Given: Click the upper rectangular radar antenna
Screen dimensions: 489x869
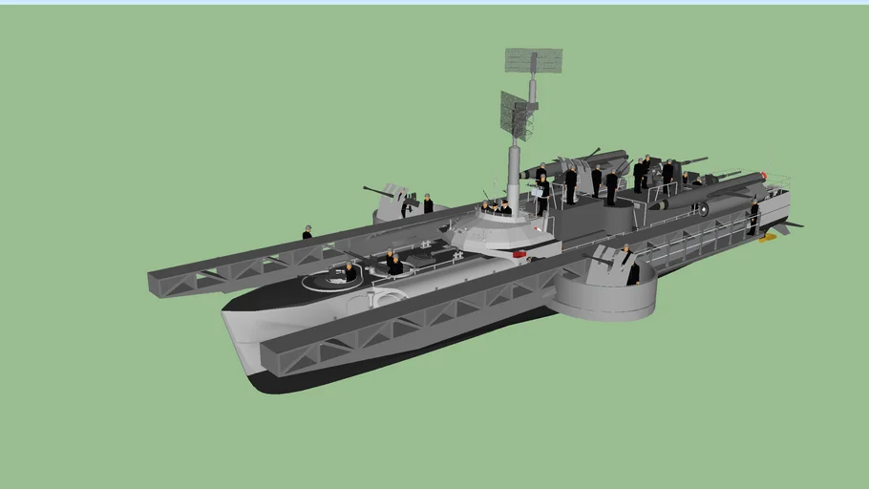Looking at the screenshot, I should coord(533,61).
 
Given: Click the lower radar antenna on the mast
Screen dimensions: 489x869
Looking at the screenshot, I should coord(516,115).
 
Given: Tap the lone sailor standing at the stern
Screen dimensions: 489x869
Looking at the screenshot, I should coord(753,217).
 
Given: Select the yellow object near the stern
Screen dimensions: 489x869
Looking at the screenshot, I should coord(766,238).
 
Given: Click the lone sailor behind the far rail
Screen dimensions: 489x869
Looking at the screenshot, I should coord(307,232).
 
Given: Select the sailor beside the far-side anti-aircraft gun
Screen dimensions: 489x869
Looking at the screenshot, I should coord(428,203).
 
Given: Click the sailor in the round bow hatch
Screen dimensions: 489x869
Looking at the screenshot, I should coord(350,272).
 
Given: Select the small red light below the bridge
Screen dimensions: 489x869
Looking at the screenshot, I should coord(519,254).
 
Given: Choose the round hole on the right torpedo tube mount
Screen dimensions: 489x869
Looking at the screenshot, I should coord(704,209).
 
